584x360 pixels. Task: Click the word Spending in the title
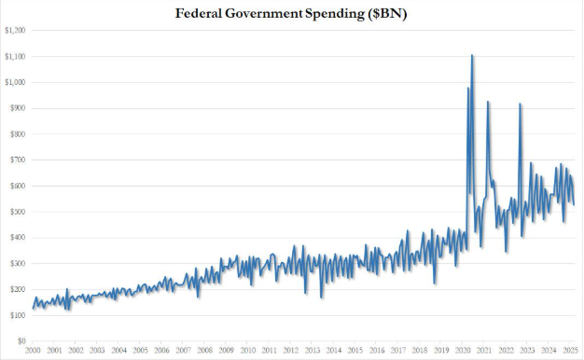335,14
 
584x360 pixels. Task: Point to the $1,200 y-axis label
15,30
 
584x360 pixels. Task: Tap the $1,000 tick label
15,82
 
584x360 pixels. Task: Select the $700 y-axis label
18,160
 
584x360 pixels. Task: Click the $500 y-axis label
18,212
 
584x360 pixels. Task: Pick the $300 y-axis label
18,264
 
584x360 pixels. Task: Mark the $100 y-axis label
18,315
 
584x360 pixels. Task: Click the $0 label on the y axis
21,341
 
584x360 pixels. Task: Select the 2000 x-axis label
33,351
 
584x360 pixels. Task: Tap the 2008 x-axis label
204,351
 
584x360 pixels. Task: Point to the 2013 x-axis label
313,351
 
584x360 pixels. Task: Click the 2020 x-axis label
462,351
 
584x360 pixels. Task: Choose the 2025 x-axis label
570,351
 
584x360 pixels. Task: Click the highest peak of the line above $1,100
472,55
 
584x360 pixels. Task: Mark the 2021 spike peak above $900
488,102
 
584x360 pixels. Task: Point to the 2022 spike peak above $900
520,104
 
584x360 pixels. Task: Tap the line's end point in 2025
574,204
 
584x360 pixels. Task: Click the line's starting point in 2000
33,309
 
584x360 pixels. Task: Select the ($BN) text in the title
386,14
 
